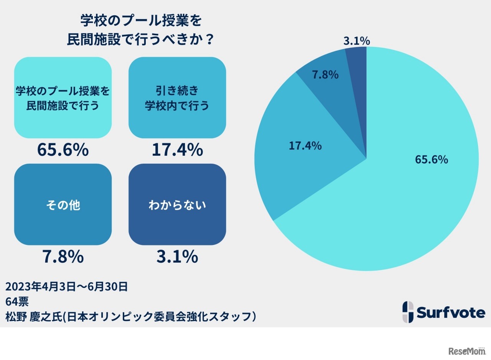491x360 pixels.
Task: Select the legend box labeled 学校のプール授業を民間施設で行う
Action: [63, 97]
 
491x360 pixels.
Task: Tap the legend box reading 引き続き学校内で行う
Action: [177, 97]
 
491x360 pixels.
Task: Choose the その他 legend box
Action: [63, 204]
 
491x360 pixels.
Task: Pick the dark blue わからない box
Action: [177, 204]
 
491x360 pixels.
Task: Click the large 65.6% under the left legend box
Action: [63, 150]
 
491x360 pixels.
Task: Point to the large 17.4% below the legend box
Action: [177, 150]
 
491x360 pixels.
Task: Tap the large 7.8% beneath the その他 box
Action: [63, 257]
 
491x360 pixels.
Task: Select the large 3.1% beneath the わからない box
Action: [177, 257]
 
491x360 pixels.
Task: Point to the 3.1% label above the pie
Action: [356, 41]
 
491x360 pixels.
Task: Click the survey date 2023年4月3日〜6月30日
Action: [66, 286]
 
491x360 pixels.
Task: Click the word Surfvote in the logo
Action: [451, 313]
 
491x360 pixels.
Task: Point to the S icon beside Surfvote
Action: [408, 312]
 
